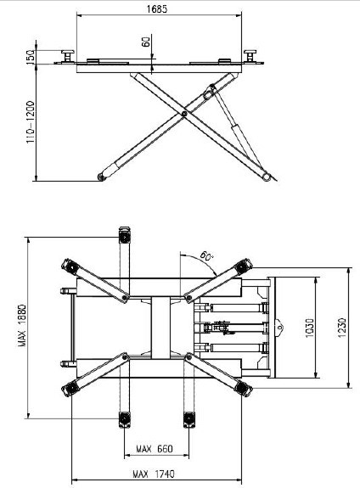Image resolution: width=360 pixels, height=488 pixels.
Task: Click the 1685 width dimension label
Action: click(x=157, y=9)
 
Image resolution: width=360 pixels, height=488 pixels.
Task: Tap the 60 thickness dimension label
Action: click(x=146, y=42)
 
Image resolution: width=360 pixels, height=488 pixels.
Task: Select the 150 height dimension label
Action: click(x=31, y=57)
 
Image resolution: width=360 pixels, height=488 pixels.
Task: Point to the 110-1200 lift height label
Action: click(x=31, y=121)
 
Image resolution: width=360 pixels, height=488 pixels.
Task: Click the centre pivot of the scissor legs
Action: click(x=184, y=114)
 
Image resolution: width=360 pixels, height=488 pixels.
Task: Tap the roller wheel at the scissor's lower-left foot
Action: click(x=101, y=177)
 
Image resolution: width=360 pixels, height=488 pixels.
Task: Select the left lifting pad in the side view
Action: click(x=68, y=56)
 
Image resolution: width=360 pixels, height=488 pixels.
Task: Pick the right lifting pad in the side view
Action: click(x=250, y=56)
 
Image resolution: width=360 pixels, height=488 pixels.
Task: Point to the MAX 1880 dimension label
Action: click(x=21, y=325)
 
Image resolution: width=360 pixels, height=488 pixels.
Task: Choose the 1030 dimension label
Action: click(x=309, y=328)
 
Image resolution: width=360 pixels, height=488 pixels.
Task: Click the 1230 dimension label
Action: click(x=341, y=328)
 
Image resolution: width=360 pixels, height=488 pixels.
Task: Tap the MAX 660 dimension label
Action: click(x=155, y=449)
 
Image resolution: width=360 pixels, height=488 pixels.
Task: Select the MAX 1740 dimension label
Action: click(x=154, y=474)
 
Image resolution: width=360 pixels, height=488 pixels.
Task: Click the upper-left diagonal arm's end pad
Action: click(x=70, y=266)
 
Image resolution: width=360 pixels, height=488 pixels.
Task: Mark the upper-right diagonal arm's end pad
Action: click(x=243, y=266)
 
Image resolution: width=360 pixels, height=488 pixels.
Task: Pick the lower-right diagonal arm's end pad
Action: click(x=243, y=388)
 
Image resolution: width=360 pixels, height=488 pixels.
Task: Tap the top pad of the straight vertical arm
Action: click(x=125, y=235)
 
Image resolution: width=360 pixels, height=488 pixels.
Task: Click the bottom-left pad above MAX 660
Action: click(x=125, y=420)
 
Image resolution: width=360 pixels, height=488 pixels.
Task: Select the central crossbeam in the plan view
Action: click(x=161, y=328)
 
